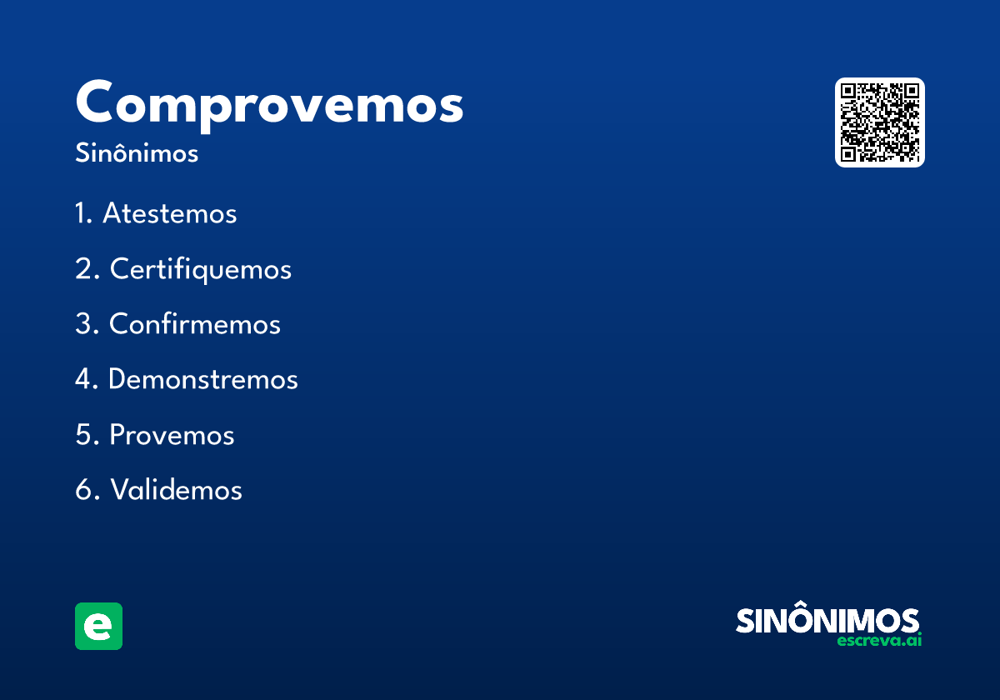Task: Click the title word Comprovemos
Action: pos(269,104)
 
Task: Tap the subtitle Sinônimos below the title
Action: pos(137,154)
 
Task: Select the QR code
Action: pos(879,122)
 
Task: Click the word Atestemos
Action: pos(170,214)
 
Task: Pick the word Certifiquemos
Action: pos(201,269)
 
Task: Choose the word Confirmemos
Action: pos(195,324)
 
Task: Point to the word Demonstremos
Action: pos(203,379)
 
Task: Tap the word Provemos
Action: pos(172,435)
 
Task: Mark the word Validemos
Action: pos(176,490)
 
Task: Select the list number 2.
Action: pos(86,269)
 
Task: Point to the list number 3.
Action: pos(86,324)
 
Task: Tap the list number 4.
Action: pos(86,379)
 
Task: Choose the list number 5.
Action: pos(86,435)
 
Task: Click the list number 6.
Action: pos(86,490)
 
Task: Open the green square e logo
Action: pos(98,626)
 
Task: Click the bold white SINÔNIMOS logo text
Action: pos(827,621)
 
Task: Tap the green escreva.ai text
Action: pos(879,641)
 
